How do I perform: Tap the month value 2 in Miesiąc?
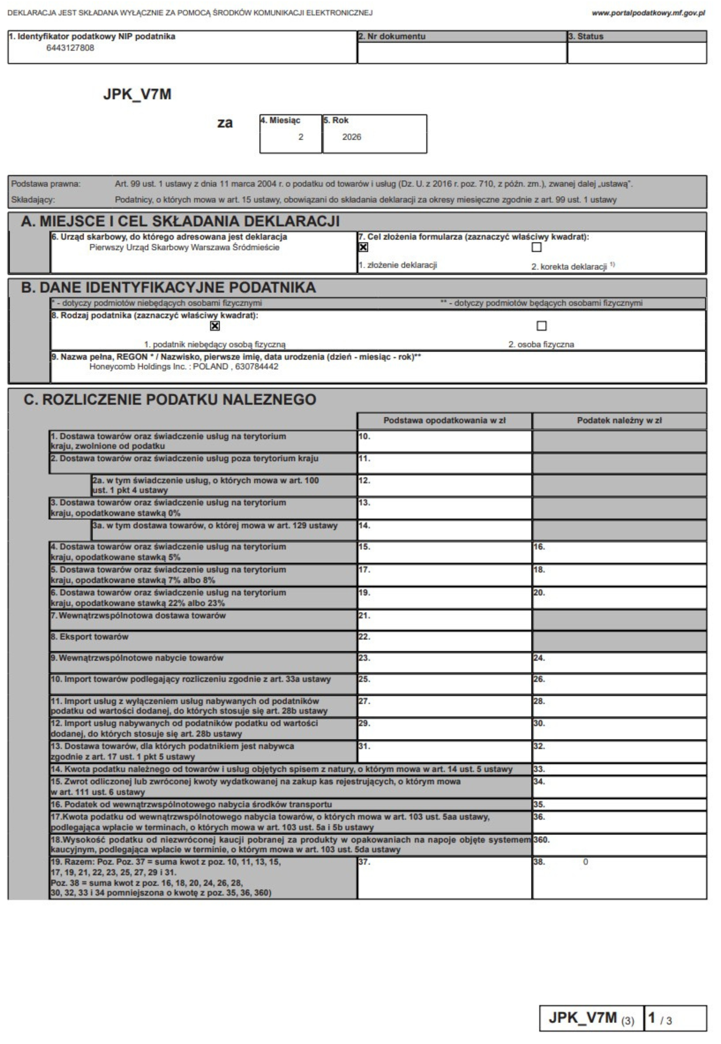(300, 137)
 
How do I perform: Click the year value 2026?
(351, 137)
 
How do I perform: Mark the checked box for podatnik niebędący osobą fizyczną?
(215, 326)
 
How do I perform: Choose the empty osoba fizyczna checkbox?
(541, 326)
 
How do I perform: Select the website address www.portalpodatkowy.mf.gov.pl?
(648, 13)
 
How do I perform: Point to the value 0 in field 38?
(585, 862)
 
